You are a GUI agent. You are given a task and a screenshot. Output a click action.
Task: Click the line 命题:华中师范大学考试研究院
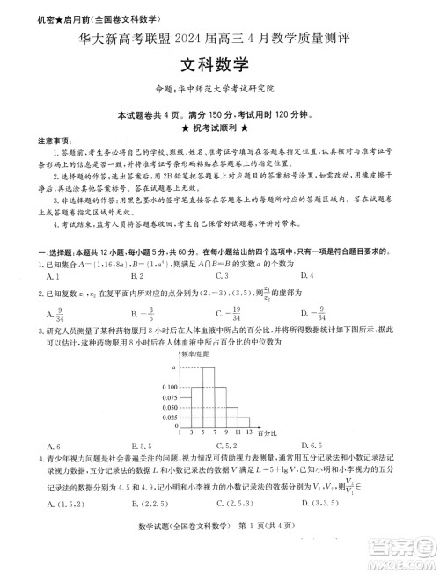pyautogui.click(x=217, y=89)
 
